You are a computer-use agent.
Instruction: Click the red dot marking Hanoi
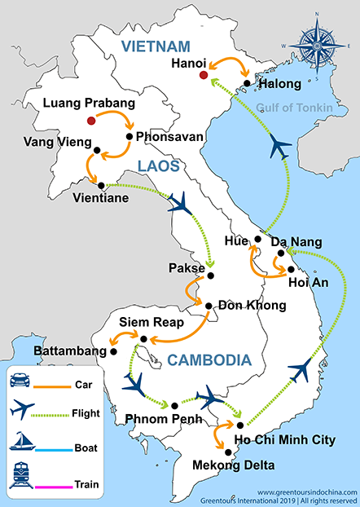(203, 76)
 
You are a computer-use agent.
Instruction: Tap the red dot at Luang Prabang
(91, 121)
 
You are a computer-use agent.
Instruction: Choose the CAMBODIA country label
(209, 360)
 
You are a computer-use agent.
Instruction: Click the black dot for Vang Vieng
(97, 150)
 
